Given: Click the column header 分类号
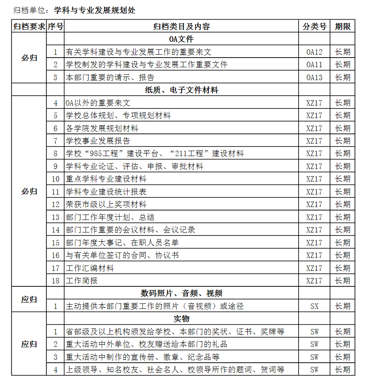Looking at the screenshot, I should (314, 27).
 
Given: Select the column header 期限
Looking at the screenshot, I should (343, 27).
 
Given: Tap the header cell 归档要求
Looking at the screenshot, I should (29, 27).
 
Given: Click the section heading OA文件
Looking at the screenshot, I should (181, 39).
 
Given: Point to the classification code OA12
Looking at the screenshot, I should (314, 52).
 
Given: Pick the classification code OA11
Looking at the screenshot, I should (314, 65).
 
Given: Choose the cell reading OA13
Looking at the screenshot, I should (314, 78).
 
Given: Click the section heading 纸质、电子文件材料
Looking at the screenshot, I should (181, 90).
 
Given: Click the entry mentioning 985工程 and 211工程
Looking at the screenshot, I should (154, 154).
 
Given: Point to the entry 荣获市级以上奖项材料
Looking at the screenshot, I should (106, 205).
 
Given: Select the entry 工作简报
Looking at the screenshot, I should (82, 280).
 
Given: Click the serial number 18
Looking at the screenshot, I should (56, 280).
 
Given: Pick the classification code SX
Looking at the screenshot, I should (314, 306).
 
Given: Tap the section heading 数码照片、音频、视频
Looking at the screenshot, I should (181, 293).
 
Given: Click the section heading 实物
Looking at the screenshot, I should (181, 319).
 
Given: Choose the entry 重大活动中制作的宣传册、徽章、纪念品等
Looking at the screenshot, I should (142, 357).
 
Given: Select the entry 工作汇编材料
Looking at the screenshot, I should (90, 268).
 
